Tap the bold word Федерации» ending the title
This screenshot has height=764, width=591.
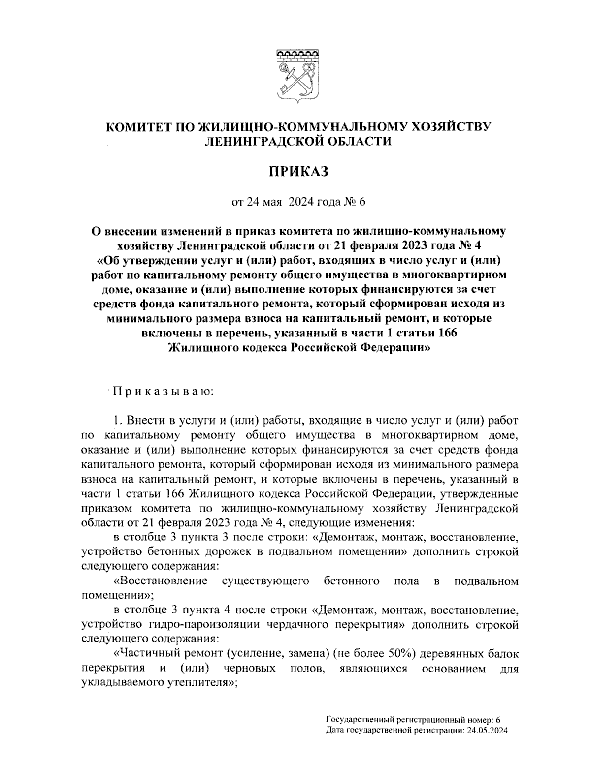coord(397,347)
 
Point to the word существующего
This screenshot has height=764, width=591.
coord(266,581)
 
